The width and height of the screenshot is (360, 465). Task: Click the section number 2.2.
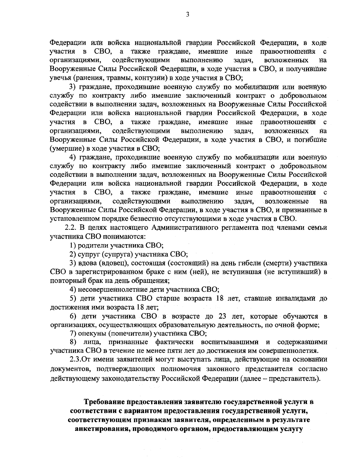(71, 227)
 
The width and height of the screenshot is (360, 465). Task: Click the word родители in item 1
(93, 245)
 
